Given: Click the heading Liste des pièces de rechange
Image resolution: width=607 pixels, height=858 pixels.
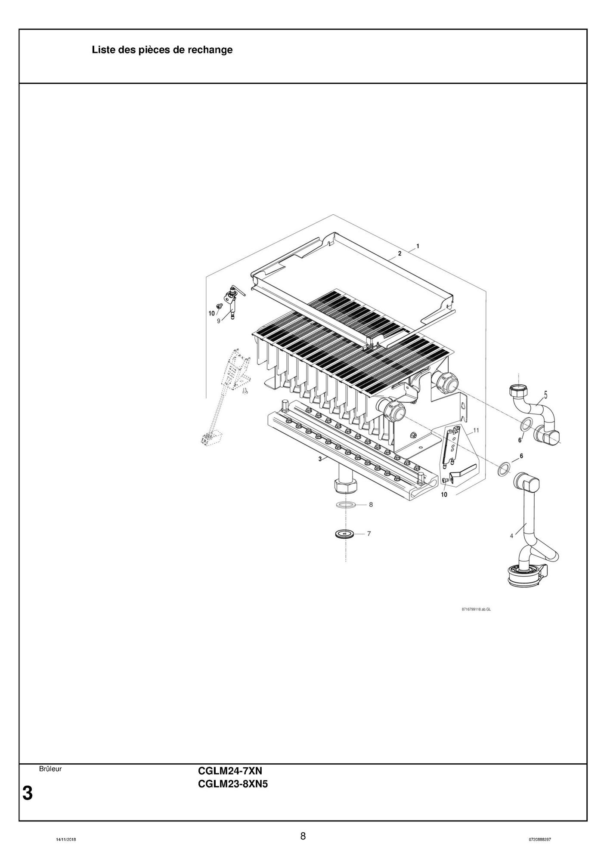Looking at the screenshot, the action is click(x=162, y=50).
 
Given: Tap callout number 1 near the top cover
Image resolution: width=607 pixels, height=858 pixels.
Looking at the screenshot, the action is click(x=418, y=247).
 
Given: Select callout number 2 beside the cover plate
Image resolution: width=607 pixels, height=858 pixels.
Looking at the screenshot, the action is click(x=400, y=253).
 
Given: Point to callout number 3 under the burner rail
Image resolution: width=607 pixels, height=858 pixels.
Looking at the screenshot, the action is click(x=320, y=459).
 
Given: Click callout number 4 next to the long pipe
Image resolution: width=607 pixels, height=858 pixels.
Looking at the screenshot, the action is click(x=512, y=536).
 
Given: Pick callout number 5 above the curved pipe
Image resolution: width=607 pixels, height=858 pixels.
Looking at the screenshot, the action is click(x=545, y=394).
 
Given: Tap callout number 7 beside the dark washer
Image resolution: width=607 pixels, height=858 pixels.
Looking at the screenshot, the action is click(x=369, y=534).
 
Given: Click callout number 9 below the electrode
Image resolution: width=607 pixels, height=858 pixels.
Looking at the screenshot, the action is click(x=219, y=321).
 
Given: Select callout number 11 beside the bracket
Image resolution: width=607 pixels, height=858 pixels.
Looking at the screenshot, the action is click(x=476, y=430).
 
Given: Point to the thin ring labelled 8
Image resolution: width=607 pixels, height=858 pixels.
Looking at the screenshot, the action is click(x=346, y=504).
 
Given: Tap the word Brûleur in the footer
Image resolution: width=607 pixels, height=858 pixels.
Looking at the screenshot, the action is click(x=50, y=769).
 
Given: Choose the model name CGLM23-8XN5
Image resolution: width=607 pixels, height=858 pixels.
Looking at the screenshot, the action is click(x=233, y=784).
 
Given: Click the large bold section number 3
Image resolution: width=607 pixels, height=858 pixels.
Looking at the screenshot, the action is click(x=27, y=793).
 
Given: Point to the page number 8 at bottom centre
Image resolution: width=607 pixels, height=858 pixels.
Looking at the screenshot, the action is click(x=303, y=836).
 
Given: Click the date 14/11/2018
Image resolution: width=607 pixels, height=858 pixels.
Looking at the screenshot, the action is click(x=66, y=839).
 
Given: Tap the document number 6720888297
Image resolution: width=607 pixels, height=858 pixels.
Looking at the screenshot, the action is click(x=540, y=839).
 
